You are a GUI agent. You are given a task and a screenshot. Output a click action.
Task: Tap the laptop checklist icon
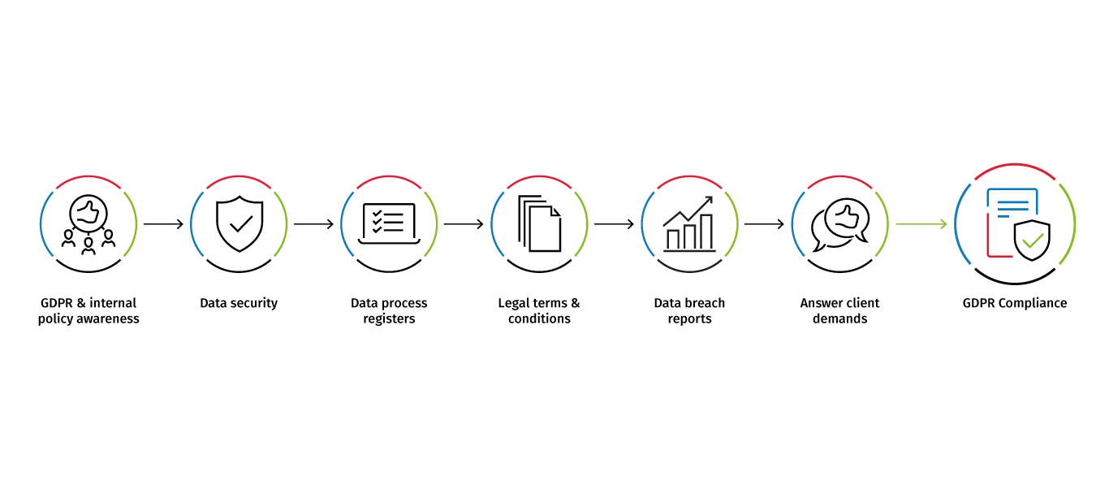coord(389,223)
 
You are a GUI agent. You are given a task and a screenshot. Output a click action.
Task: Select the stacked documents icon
coord(540,223)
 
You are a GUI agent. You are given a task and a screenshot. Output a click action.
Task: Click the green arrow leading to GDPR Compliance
coord(921,224)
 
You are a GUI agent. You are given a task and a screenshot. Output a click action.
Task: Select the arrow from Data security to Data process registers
coord(314,224)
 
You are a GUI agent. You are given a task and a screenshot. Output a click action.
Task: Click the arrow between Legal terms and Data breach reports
coord(615,224)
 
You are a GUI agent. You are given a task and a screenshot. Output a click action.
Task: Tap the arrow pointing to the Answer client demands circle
coord(765,224)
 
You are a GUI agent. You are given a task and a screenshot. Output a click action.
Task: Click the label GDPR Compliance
coord(1015,303)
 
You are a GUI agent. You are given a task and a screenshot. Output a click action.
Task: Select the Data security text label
coord(239,303)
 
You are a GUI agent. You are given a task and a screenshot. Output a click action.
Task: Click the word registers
coord(389,319)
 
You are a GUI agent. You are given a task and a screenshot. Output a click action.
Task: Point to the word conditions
coord(540,319)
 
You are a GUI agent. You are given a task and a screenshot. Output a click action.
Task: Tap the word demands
coord(840,319)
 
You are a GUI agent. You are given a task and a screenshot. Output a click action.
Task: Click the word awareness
coord(110,319)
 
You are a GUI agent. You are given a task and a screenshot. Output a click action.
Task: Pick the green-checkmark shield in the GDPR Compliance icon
coord(1032,241)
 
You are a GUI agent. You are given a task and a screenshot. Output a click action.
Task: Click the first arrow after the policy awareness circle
coord(164,224)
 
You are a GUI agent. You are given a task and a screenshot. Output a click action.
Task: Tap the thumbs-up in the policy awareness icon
coord(88,212)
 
